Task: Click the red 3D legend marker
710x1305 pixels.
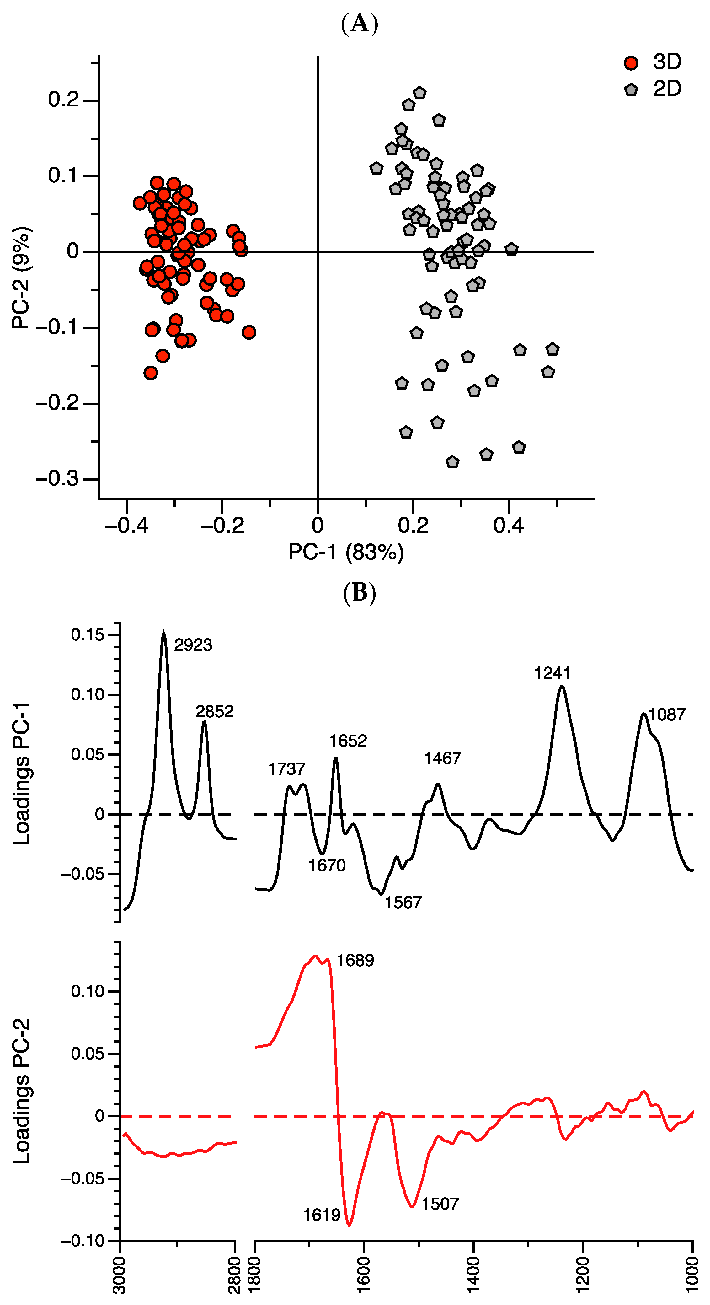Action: [x=631, y=63]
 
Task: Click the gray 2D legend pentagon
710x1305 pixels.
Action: [x=631, y=90]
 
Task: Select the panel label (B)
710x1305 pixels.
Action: [x=360, y=592]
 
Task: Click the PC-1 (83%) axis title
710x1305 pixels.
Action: [x=346, y=552]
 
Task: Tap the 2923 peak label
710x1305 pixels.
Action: [x=193, y=645]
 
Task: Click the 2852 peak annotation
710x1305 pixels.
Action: [x=215, y=711]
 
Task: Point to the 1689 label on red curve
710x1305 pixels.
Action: [x=355, y=961]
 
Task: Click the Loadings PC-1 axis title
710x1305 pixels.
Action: [x=22, y=774]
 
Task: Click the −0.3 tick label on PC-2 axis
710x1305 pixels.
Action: [x=57, y=479]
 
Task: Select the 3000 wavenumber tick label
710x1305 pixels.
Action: [x=120, y=1275]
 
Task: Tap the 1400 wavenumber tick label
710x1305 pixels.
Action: [x=473, y=1275]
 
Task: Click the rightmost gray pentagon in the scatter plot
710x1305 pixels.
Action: [x=553, y=349]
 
